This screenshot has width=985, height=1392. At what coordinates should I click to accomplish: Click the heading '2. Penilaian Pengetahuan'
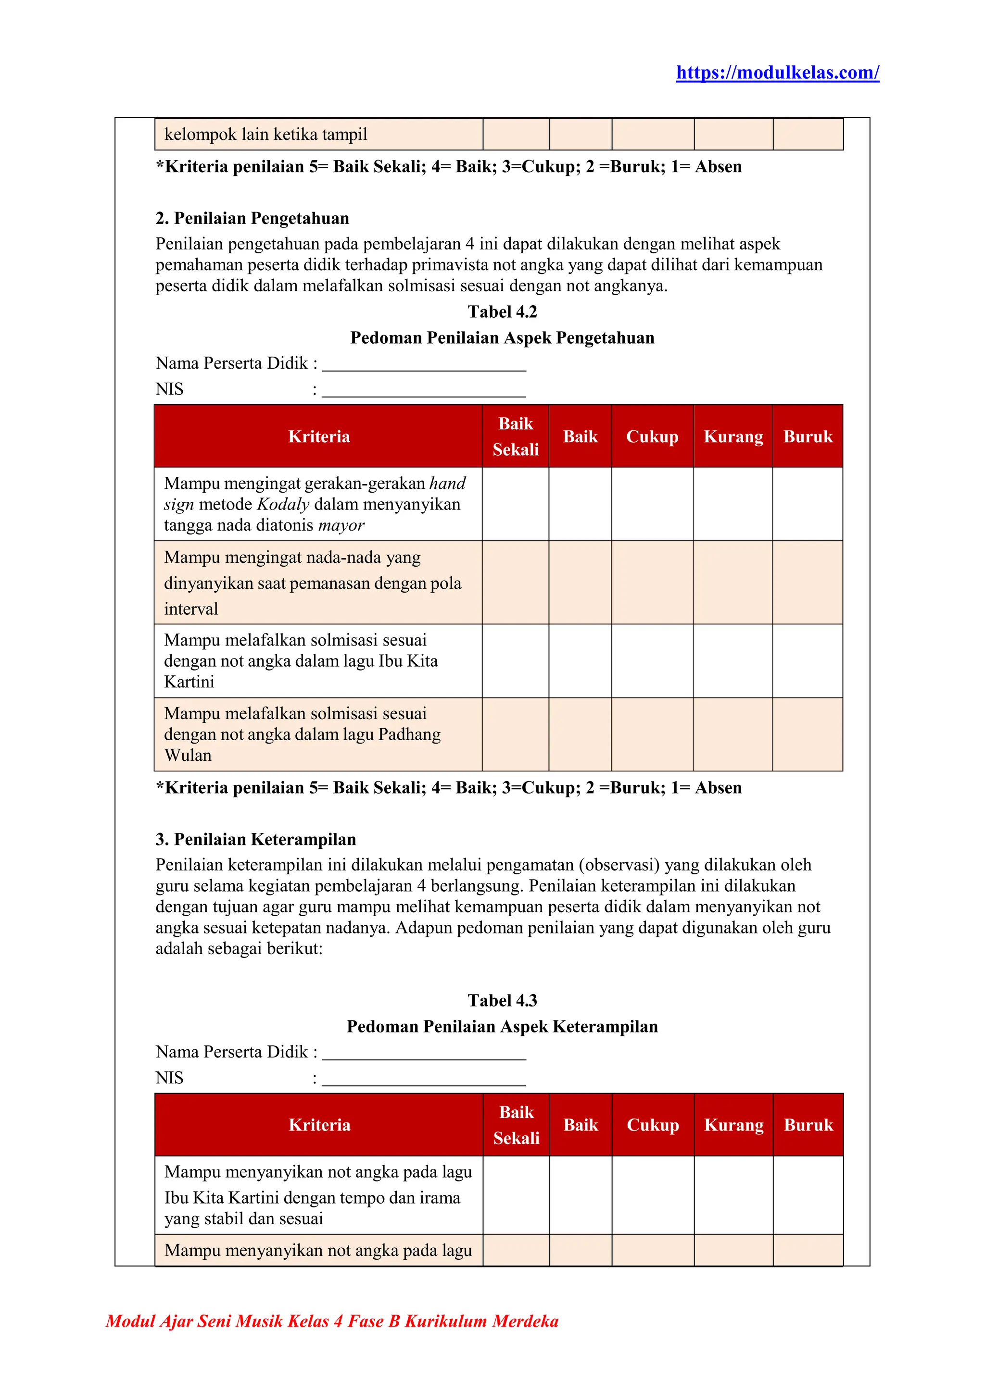click(253, 218)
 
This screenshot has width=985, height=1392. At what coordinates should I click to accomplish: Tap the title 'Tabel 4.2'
click(502, 311)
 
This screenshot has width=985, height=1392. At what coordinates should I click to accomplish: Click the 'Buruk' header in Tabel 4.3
click(808, 1125)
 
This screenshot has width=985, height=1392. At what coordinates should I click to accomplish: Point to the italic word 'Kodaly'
click(283, 504)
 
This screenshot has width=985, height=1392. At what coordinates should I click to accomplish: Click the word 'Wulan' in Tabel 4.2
click(188, 756)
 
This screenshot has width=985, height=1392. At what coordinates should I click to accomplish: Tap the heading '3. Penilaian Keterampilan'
click(255, 839)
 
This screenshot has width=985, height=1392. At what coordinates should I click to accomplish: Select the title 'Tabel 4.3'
click(502, 1000)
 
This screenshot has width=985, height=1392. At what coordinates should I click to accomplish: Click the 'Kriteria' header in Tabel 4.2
click(319, 436)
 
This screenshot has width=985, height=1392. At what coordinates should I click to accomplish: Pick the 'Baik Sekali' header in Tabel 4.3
click(516, 1125)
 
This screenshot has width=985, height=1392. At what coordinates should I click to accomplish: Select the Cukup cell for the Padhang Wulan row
click(652, 734)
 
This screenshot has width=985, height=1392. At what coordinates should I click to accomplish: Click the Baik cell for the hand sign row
click(580, 504)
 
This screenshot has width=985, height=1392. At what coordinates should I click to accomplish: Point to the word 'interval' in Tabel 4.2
click(191, 609)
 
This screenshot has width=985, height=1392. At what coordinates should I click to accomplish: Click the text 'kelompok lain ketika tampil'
click(265, 135)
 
